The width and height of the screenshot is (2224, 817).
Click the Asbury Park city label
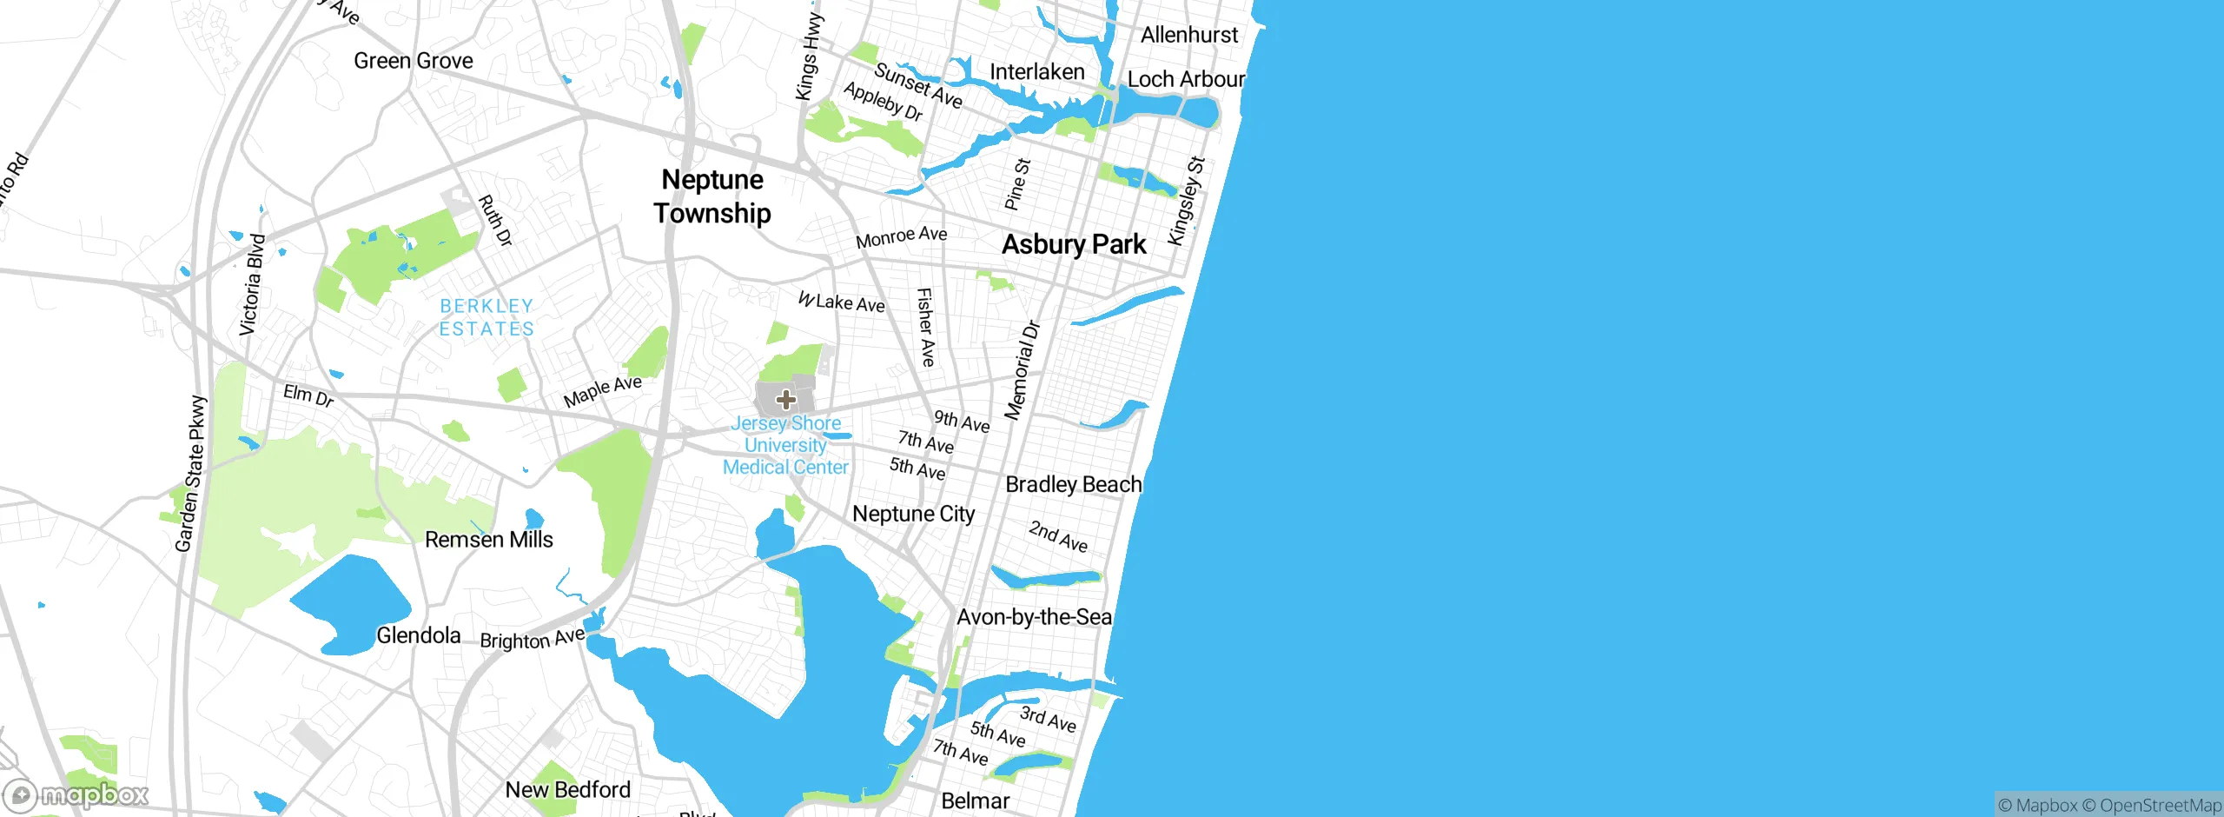[1074, 244]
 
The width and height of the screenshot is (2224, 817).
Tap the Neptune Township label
[712, 196]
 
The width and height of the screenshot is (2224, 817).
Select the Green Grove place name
[414, 61]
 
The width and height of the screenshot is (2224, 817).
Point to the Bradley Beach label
[1073, 484]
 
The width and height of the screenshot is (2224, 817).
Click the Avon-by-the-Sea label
[1034, 617]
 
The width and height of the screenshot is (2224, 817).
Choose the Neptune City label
[914, 514]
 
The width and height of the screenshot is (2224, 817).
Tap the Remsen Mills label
[489, 540]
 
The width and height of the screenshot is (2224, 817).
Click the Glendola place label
[419, 635]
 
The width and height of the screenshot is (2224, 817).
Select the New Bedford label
[568, 790]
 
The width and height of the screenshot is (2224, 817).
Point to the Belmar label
[976, 800]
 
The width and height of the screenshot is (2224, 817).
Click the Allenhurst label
[1189, 35]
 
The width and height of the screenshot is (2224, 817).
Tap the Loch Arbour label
[1186, 79]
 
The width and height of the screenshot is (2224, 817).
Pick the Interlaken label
[1037, 71]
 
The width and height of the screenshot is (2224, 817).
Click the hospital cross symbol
[786, 400]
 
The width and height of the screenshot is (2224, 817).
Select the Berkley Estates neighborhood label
[486, 317]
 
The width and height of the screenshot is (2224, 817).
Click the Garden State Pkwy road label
[190, 474]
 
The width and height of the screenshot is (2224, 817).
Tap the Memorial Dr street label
[1022, 370]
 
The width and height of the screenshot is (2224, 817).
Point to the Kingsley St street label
[1187, 201]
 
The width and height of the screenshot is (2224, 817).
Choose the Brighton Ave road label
[533, 639]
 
